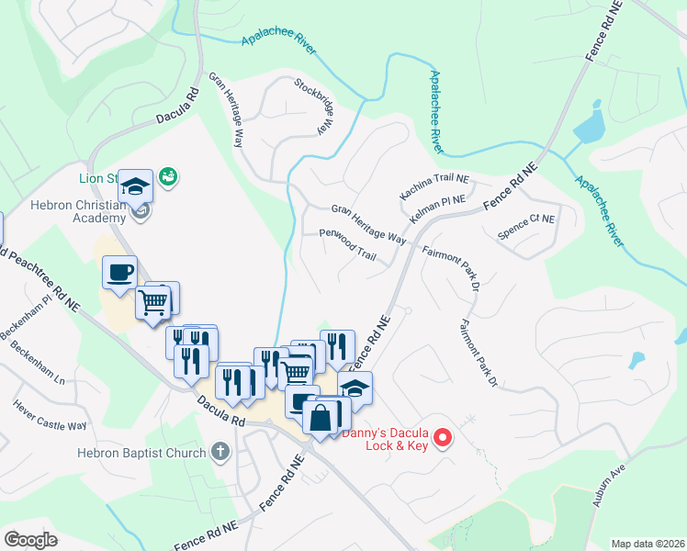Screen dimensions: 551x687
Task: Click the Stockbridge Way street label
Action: point(312,106)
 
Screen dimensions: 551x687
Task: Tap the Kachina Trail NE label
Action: point(434,186)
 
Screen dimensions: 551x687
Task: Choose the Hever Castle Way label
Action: point(50,414)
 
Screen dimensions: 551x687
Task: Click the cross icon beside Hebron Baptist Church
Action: point(219,452)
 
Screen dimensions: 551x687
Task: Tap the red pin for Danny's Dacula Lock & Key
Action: point(443,438)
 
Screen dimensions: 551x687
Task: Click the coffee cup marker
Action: point(119,272)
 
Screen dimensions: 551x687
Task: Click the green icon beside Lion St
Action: point(167,175)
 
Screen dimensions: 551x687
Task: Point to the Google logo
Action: point(31,540)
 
